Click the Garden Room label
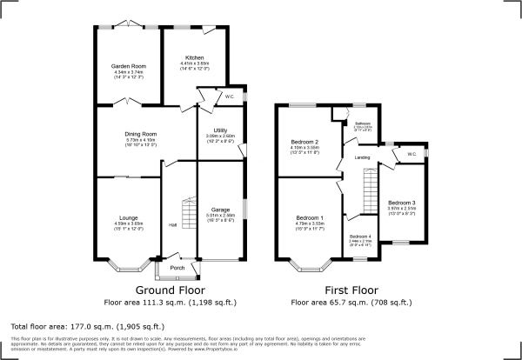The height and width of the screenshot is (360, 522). coord(126,67)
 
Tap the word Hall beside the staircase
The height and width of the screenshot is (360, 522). coord(173,226)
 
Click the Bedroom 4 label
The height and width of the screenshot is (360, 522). coord(360,237)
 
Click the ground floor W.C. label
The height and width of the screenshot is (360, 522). coord(229,96)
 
